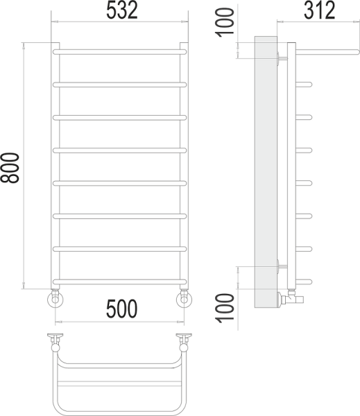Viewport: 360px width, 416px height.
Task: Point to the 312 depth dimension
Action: pyautogui.click(x=318, y=11)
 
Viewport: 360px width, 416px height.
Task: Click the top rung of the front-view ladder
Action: pyautogui.click(x=119, y=50)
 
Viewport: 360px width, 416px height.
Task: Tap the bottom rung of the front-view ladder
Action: pyautogui.click(x=119, y=281)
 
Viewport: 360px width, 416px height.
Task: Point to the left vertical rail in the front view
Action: pyautogui.click(x=55, y=166)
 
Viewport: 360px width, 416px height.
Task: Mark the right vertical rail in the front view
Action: pyautogui.click(x=184, y=166)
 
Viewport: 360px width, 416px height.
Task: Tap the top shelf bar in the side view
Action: pyautogui.click(x=323, y=51)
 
